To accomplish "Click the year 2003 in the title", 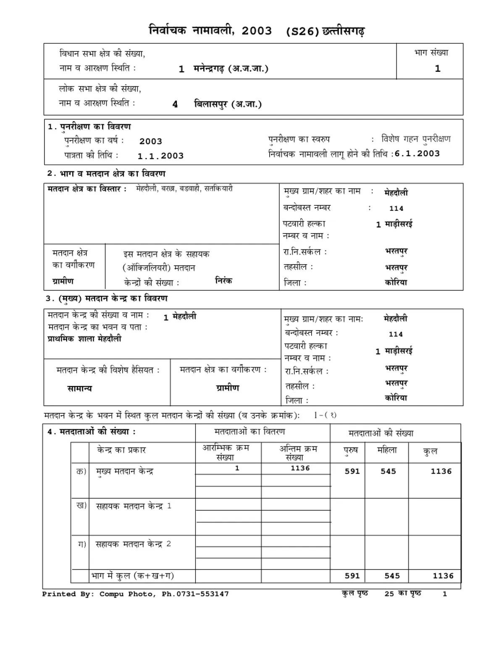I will pos(257,31).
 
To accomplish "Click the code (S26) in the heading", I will pos(302,32).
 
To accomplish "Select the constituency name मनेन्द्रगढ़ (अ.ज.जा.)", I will pos(231,68).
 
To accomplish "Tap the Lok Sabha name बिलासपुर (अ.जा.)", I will pos(228,104).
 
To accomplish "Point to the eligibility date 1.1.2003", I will pos(161,156).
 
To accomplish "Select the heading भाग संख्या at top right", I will pos(431,53).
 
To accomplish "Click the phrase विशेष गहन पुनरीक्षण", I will pos(416,139).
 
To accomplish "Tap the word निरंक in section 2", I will pos(223,281).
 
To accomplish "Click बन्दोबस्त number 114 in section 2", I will pos(396,208).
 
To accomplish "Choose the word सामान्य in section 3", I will pos(79,388).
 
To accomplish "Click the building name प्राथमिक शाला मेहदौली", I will pos(84,339).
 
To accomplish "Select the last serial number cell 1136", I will pos(300,468).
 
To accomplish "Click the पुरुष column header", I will pos(351,450).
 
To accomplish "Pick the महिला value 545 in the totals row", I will pos(392,576).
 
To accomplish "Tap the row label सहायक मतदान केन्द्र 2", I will pos(133,544).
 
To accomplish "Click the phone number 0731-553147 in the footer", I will pos(202,594).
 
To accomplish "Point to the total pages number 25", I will pos(389,594).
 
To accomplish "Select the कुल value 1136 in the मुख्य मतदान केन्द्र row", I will pos(441,471).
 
